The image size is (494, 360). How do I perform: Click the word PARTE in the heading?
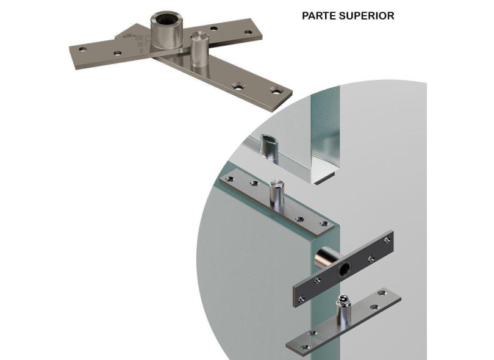[x=317, y=16]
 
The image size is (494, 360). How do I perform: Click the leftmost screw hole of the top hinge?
[x=82, y=49]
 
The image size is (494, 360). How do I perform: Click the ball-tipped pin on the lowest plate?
[x=342, y=311]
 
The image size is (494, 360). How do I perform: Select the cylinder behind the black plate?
[x=326, y=257]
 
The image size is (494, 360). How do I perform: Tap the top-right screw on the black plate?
[x=387, y=240]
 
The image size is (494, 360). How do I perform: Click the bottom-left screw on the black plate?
[x=301, y=299]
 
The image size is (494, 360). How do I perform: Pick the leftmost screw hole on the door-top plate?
[x=230, y=179]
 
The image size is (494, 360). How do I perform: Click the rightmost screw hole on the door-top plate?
[x=324, y=224]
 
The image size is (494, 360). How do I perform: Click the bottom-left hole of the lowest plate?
[x=305, y=347]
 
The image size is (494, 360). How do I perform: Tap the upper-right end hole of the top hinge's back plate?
[x=248, y=32]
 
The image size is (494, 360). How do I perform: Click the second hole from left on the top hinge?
[x=118, y=53]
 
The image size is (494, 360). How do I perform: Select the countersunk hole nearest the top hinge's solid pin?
[x=238, y=86]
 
